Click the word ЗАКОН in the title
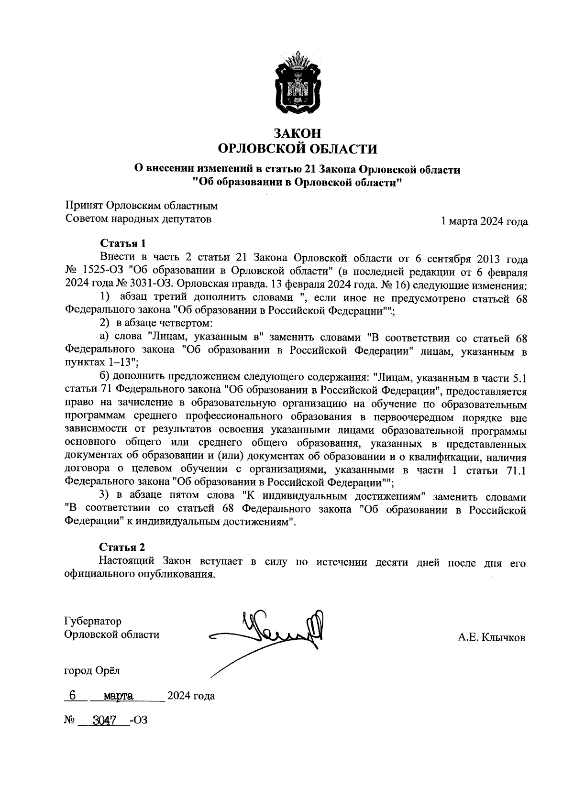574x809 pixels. click(297, 133)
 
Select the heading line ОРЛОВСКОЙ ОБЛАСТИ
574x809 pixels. click(297, 149)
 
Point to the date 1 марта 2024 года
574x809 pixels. click(484, 221)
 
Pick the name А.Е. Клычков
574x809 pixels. click(491, 637)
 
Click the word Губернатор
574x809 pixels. click(92, 621)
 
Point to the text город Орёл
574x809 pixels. click(92, 670)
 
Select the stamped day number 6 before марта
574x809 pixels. click(72, 695)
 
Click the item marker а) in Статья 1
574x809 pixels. click(104, 338)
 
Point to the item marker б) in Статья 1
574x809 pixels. click(104, 378)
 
